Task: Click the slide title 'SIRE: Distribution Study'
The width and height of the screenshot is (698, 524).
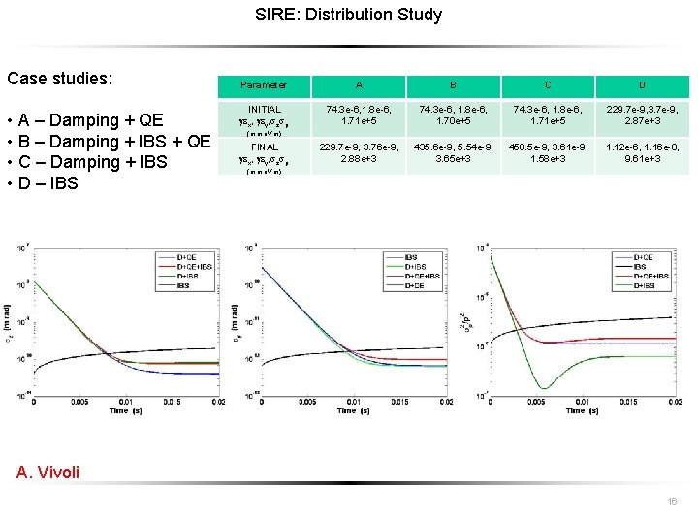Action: point(348,15)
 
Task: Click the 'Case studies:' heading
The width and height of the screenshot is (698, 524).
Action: point(59,77)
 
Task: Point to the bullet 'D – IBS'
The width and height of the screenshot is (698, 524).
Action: point(48,183)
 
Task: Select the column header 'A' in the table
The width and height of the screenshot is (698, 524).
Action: point(359,85)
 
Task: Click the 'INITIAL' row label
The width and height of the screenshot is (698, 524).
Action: point(264,110)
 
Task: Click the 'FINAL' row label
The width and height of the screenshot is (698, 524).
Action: point(264,147)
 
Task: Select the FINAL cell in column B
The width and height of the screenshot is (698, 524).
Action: point(453,151)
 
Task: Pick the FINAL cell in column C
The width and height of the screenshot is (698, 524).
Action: point(548,151)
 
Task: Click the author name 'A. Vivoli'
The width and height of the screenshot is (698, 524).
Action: point(48,473)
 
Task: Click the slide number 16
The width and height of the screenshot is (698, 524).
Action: point(672,502)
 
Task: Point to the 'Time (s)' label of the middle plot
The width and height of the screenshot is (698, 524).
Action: point(352,410)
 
